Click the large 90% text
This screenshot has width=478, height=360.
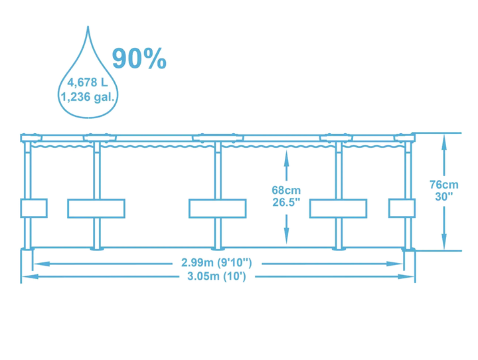[139, 58]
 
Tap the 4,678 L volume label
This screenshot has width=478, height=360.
[88, 82]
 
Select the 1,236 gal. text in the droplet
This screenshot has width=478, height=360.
[88, 97]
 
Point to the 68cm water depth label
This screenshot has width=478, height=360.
[286, 190]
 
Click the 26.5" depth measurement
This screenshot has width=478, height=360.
[286, 202]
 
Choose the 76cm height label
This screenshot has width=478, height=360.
[444, 184]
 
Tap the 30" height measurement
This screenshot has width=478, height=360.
[444, 197]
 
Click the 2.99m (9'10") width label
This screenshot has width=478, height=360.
[216, 262]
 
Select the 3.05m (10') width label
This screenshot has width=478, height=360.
[216, 276]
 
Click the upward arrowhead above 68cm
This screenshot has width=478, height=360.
[286, 158]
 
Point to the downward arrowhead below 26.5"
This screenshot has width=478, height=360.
[286, 236]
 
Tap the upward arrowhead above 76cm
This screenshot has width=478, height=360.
[444, 142]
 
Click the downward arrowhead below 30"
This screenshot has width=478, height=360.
[444, 242]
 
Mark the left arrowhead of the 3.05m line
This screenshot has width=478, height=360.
[30, 276]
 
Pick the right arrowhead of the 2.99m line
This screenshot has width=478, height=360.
[395, 264]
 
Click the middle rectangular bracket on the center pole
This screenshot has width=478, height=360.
[217, 209]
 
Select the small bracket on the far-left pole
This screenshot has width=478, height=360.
[34, 208]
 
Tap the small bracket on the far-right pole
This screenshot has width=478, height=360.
[402, 208]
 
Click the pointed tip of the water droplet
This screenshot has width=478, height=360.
[88, 27]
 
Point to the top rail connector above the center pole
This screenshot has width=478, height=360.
[218, 138]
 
